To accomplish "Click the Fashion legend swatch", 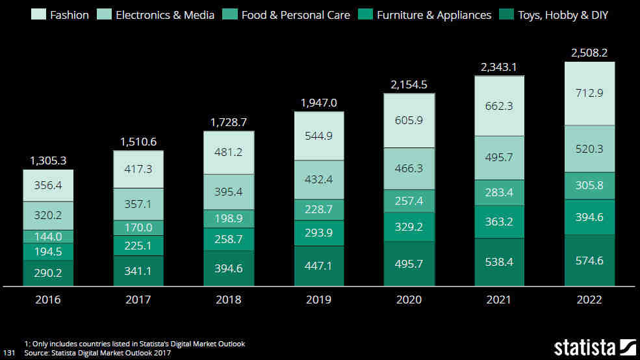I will tap(39, 14).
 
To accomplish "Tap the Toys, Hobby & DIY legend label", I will tap(563, 14).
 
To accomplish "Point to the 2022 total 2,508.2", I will tap(589, 53).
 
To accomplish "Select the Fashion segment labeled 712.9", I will tap(589, 93).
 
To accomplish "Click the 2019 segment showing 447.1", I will tap(319, 266).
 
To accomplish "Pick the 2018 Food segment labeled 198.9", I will tap(229, 218).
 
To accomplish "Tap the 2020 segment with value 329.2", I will tap(409, 226).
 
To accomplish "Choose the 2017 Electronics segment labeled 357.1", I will tap(138, 204).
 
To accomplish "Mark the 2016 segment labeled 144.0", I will tap(48, 237).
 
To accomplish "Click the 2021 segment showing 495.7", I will tap(499, 157).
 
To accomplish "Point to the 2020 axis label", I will tap(409, 300).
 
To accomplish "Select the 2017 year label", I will tap(138, 300).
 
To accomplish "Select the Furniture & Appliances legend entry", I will tap(434, 14).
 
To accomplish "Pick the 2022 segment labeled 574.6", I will tap(589, 260).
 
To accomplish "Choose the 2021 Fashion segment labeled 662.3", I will tap(499, 106).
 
